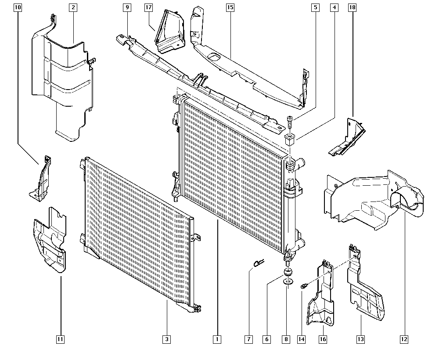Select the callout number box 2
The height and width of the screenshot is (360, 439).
coord(72,7)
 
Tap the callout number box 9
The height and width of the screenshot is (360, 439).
coord(127,7)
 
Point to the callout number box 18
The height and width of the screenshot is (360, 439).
coord(352,7)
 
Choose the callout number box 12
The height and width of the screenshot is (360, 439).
coord(404,338)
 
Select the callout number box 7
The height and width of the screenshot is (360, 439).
coord(249,338)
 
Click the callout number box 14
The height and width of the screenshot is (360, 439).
coord(301,338)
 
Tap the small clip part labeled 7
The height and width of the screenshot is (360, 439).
coord(259,263)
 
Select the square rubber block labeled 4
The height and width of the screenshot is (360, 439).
coord(290,140)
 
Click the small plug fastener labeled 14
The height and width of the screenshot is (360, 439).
coord(303,287)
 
